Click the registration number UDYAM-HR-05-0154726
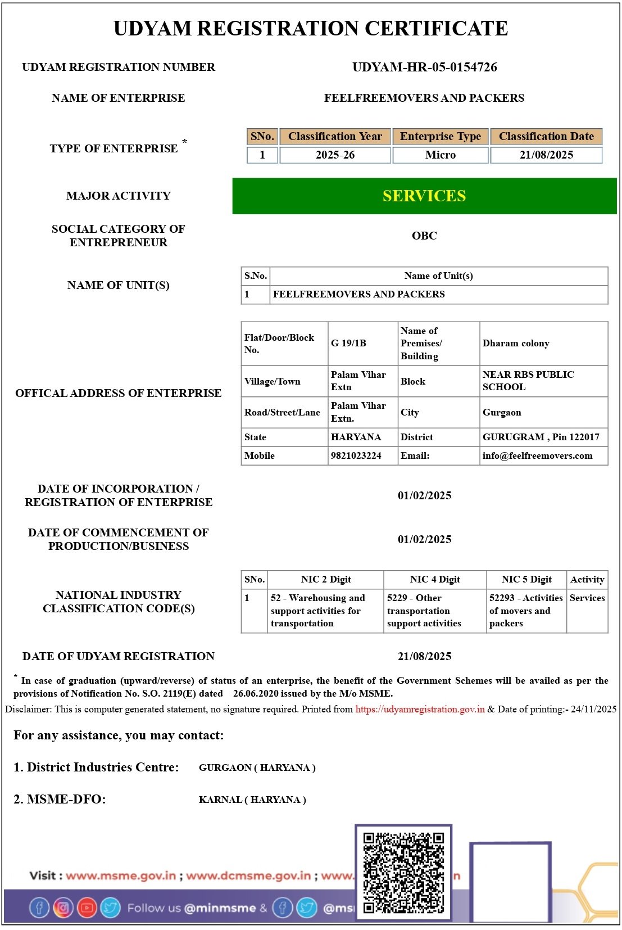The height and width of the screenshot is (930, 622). click(x=424, y=67)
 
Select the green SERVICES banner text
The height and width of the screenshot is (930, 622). click(x=424, y=196)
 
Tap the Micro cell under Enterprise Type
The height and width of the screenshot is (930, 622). click(x=440, y=155)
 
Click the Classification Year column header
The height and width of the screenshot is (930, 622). click(x=335, y=136)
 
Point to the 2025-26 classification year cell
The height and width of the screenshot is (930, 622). click(x=335, y=155)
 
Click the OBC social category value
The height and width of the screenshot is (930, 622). click(x=424, y=236)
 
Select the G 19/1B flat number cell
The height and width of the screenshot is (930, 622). click(x=348, y=343)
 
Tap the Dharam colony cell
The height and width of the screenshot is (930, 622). click(x=515, y=343)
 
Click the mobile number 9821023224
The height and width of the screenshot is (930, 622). click(x=356, y=455)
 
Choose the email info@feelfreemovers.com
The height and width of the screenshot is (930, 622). click(x=537, y=455)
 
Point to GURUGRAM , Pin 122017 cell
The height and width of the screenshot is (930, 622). click(x=541, y=437)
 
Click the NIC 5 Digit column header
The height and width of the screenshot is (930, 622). click(x=526, y=579)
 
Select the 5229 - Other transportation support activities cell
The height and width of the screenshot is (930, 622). click(x=424, y=611)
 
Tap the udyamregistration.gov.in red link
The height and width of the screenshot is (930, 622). click(x=420, y=709)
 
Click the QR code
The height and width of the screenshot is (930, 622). click(x=403, y=873)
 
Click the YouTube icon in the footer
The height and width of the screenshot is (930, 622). click(x=87, y=908)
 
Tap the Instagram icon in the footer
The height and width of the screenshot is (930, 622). click(x=63, y=908)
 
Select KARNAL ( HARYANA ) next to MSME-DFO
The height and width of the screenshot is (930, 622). click(x=252, y=800)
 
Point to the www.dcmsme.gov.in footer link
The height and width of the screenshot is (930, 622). click(x=248, y=875)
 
